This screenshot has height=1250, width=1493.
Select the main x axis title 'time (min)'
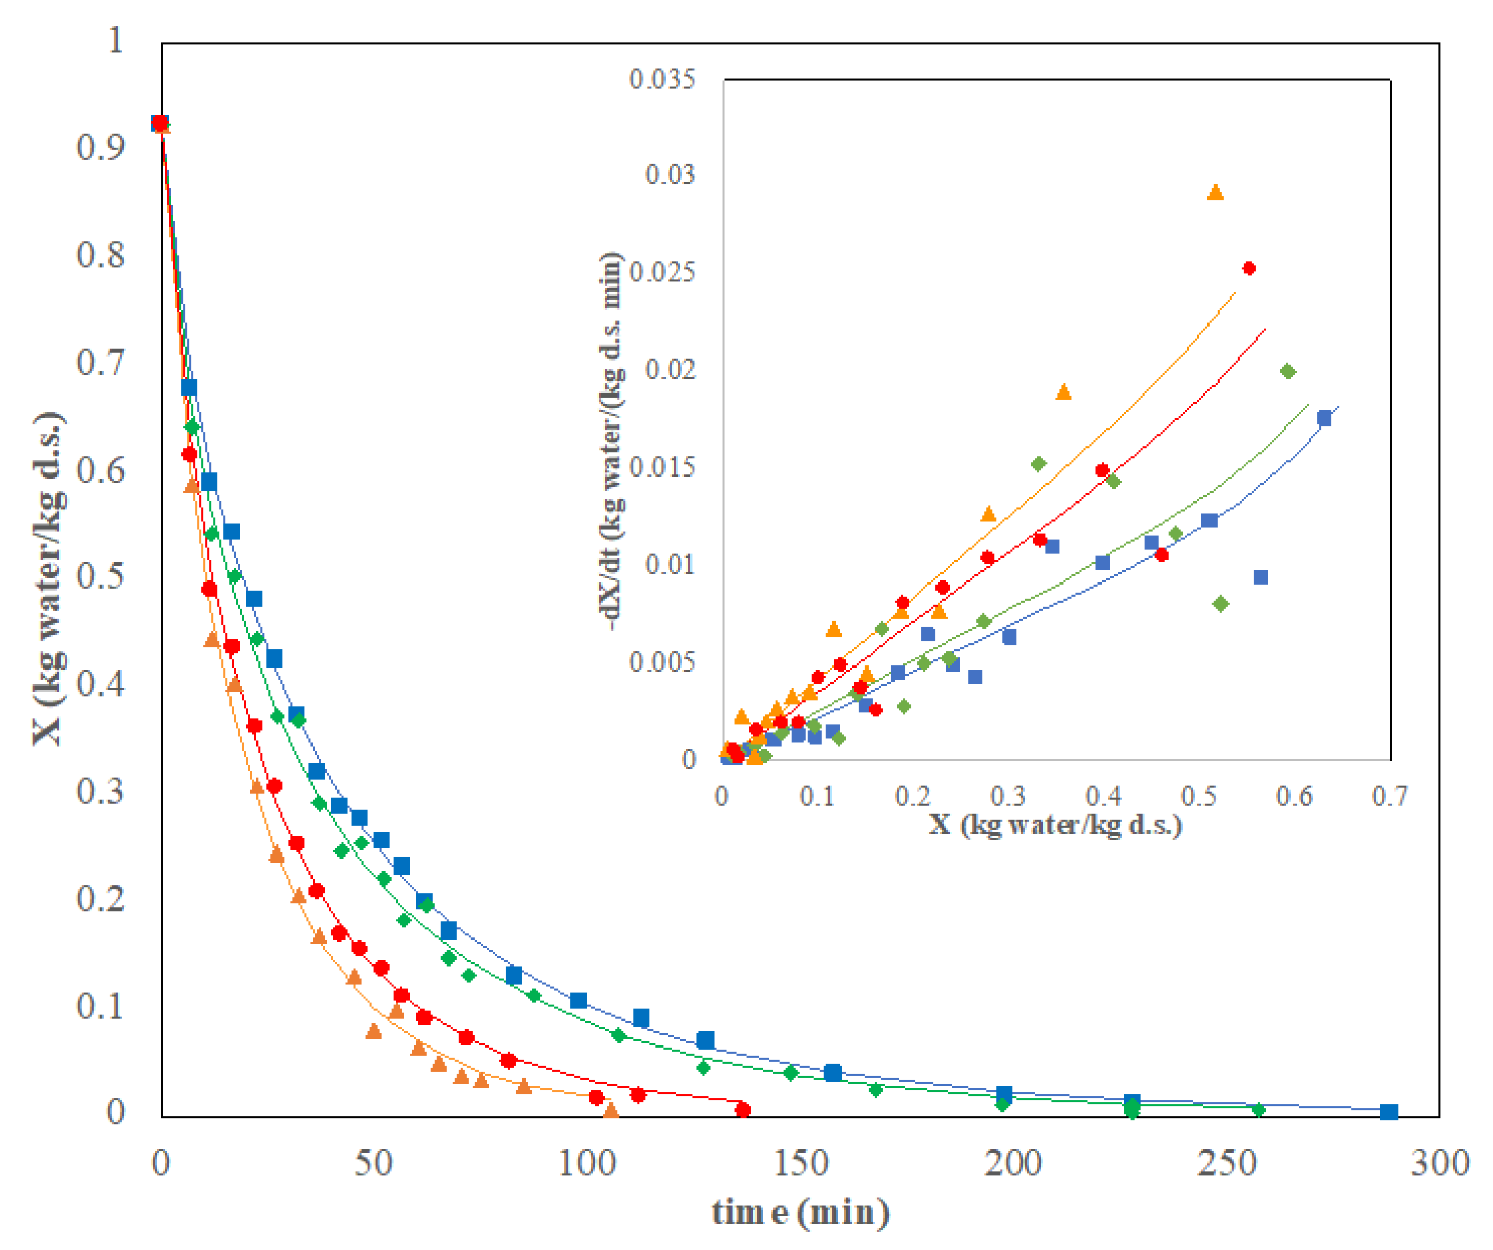click(800, 1212)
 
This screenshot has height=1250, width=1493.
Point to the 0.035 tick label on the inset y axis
click(661, 79)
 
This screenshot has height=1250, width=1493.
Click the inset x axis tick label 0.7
click(1388, 796)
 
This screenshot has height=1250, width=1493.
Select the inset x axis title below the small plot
click(1056, 825)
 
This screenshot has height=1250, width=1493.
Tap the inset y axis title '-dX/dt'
click(611, 441)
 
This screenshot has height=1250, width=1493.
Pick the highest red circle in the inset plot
click(1249, 269)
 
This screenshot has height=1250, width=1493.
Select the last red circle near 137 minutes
click(743, 1110)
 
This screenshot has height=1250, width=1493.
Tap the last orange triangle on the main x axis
click(611, 1112)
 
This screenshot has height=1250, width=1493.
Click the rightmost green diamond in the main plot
click(1258, 1110)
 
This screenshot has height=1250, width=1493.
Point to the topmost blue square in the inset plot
click(1324, 418)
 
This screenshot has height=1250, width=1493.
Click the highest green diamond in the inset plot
click(1288, 372)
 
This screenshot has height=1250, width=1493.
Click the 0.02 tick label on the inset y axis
click(670, 370)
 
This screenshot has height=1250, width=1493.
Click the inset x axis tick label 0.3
click(1008, 796)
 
